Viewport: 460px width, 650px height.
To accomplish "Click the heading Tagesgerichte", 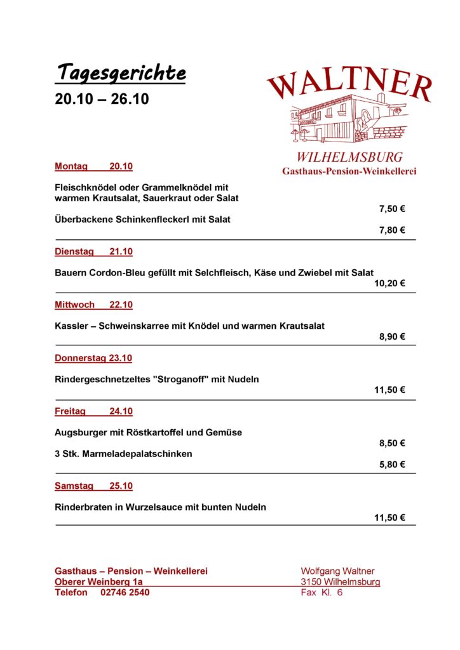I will [x=120, y=73].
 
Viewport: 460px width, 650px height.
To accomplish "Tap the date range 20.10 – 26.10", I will [x=102, y=99].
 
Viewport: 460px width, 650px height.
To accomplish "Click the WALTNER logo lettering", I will [x=349, y=85].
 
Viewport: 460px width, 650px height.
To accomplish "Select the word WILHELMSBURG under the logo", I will [x=349, y=157].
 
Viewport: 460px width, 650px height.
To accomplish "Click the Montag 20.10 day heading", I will [x=93, y=166].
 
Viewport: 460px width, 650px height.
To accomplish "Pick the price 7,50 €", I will [x=392, y=209].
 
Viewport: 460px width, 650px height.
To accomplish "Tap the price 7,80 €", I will [x=392, y=230].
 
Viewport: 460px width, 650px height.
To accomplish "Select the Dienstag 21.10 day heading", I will [x=93, y=251].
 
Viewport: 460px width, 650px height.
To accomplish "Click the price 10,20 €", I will [x=389, y=284].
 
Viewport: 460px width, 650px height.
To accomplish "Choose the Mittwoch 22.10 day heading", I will [x=93, y=305].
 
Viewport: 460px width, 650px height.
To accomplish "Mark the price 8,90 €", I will [x=392, y=337].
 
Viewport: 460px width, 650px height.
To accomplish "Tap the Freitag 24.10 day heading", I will [x=93, y=411].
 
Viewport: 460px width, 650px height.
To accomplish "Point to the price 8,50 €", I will [x=392, y=444].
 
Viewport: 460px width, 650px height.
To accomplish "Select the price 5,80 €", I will [x=392, y=465].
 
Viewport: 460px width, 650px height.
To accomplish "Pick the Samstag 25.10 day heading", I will [x=93, y=486].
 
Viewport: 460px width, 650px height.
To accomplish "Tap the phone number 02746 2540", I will [x=125, y=592].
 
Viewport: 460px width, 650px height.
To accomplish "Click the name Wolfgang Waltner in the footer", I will [x=337, y=571].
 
